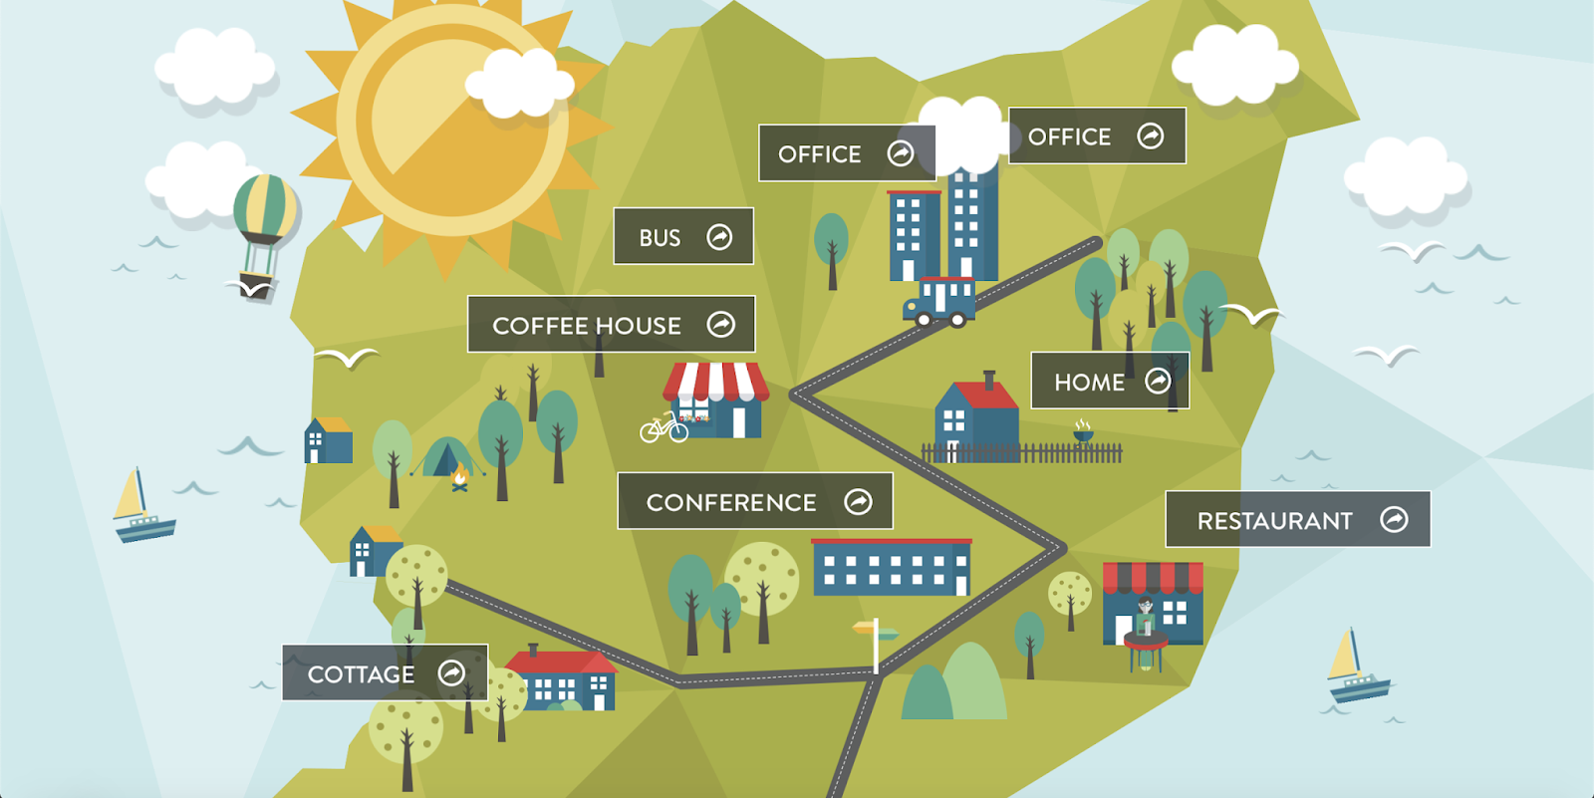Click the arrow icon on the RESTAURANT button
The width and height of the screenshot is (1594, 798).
click(x=1394, y=519)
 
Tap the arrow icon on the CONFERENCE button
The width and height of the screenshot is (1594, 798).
click(x=858, y=501)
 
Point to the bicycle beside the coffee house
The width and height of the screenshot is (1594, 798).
click(x=664, y=428)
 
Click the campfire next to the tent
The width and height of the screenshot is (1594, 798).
click(x=459, y=480)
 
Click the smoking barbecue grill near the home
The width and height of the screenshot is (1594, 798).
click(x=1083, y=434)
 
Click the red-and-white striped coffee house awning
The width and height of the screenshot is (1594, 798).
click(x=716, y=382)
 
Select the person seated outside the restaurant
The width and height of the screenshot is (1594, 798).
click(x=1146, y=620)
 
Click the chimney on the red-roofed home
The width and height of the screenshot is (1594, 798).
click(x=989, y=381)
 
